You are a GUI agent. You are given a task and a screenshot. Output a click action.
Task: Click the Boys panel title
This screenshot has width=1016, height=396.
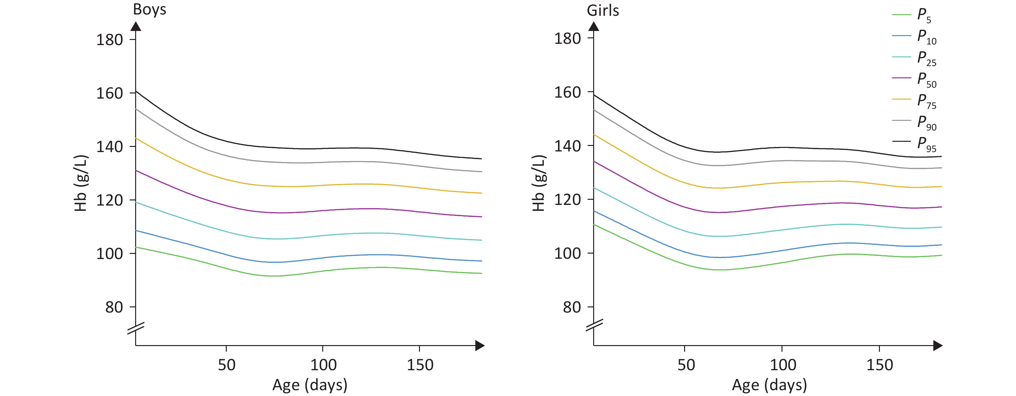click(149, 9)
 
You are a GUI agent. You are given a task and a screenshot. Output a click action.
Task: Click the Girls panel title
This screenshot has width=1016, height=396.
click(603, 11)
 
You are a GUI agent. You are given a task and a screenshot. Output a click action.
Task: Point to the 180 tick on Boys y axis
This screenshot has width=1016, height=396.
click(110, 40)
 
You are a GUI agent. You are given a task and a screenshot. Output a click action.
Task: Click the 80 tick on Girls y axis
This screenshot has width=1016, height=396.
click(572, 307)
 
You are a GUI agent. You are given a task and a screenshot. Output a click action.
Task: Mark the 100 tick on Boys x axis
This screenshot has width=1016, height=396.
click(323, 364)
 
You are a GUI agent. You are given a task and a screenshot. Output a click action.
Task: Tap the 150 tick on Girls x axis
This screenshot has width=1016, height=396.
click(879, 364)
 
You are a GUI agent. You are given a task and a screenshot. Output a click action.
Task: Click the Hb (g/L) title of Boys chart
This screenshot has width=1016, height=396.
click(81, 183)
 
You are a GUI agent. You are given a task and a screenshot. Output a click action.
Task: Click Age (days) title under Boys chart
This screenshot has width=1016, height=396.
click(310, 385)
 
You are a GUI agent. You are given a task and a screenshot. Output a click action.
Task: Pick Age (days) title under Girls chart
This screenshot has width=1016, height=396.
click(769, 385)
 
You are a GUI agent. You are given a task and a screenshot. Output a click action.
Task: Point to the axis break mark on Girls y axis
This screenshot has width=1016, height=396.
click(594, 326)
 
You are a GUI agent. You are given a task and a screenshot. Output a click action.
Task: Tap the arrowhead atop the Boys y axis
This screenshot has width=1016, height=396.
click(136, 26)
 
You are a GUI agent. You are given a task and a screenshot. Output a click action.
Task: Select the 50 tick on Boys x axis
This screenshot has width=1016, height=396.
click(226, 364)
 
